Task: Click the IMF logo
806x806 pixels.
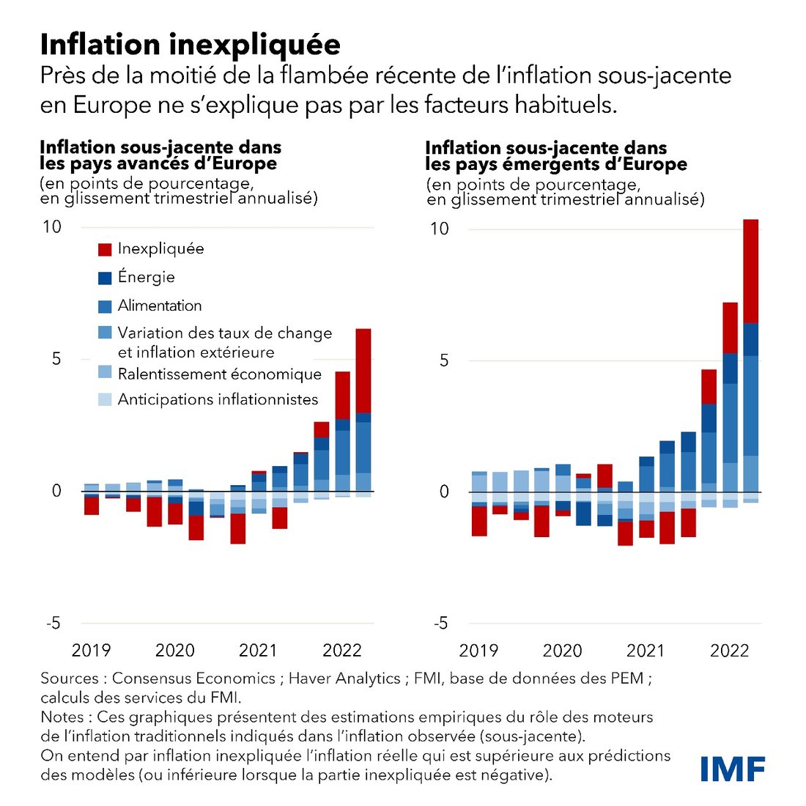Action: pos(733,769)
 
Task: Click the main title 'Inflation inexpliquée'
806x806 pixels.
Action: pos(190,45)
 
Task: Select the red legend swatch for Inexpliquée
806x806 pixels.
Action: pos(105,250)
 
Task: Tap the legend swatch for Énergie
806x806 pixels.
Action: pos(105,278)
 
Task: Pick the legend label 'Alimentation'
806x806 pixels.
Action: pos(160,306)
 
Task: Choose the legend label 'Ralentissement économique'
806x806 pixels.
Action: pos(220,374)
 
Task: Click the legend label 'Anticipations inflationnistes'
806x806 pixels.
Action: pos(218,399)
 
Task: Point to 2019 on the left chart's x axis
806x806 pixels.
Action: pos(91,650)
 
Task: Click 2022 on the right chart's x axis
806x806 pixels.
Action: pos(729,651)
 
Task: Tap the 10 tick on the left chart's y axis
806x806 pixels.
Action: pos(52,226)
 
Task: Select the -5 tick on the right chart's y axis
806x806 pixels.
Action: pos(440,624)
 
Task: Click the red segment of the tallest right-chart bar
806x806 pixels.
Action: pos(751,271)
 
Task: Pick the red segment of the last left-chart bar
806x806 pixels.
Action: pos(363,371)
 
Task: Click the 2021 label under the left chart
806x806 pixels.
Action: pos(259,650)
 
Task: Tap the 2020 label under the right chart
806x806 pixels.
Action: pos(562,651)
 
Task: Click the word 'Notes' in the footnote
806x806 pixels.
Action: pos(62,717)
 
